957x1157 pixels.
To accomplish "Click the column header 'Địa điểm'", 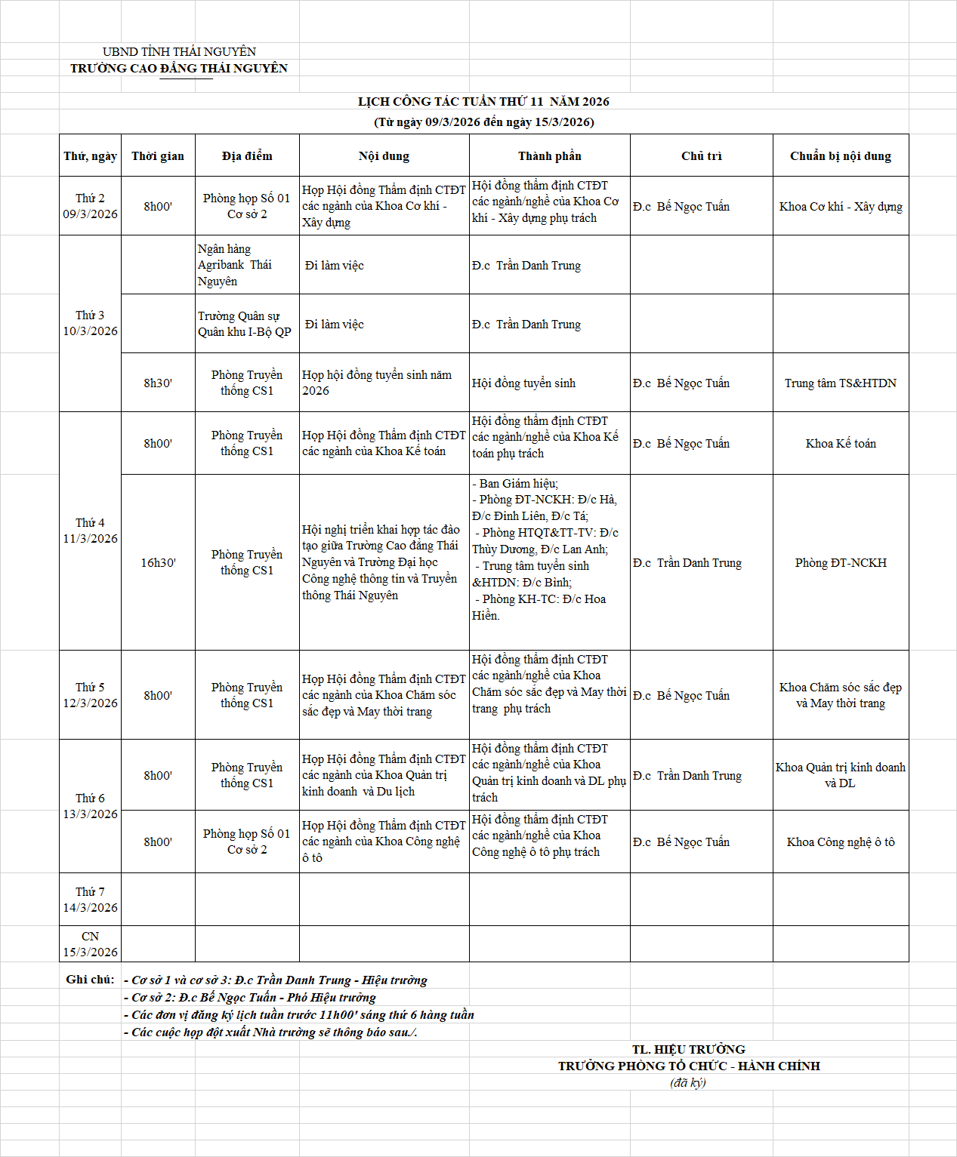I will pyautogui.click(x=247, y=156).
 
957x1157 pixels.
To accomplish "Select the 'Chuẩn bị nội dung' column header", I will pyautogui.click(x=840, y=156).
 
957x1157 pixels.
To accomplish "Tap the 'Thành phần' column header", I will pyautogui.click(x=549, y=156).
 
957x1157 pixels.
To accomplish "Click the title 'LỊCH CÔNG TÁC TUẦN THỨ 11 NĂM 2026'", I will pyautogui.click(x=483, y=102).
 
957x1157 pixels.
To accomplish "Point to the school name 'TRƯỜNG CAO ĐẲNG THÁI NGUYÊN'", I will pyautogui.click(x=179, y=69).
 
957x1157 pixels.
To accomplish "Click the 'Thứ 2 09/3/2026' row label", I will pyautogui.click(x=90, y=206).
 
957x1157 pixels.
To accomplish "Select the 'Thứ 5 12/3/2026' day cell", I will pyautogui.click(x=90, y=695).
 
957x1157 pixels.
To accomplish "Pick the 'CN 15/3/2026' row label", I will pyautogui.click(x=90, y=944).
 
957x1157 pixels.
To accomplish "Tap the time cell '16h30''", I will pyautogui.click(x=158, y=563).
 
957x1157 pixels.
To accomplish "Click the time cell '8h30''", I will pyautogui.click(x=158, y=383).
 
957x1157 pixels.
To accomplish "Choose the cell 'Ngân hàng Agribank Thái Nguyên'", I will pyautogui.click(x=234, y=265).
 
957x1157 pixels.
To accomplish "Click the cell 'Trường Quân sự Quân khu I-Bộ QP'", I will pyautogui.click(x=244, y=324).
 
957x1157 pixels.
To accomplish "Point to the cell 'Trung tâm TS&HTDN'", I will pyautogui.click(x=840, y=383).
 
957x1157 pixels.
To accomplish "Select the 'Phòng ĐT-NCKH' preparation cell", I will pyautogui.click(x=840, y=563).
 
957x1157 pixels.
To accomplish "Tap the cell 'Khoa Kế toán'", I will pyautogui.click(x=840, y=444).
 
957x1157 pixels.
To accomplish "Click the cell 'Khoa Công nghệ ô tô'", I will pyautogui.click(x=840, y=842).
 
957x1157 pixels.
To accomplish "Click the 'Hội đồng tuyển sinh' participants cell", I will pyautogui.click(x=523, y=383).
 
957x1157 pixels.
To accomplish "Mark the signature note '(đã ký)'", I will pyautogui.click(x=687, y=1083).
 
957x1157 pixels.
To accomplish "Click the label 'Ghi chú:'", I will pyautogui.click(x=90, y=980).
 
